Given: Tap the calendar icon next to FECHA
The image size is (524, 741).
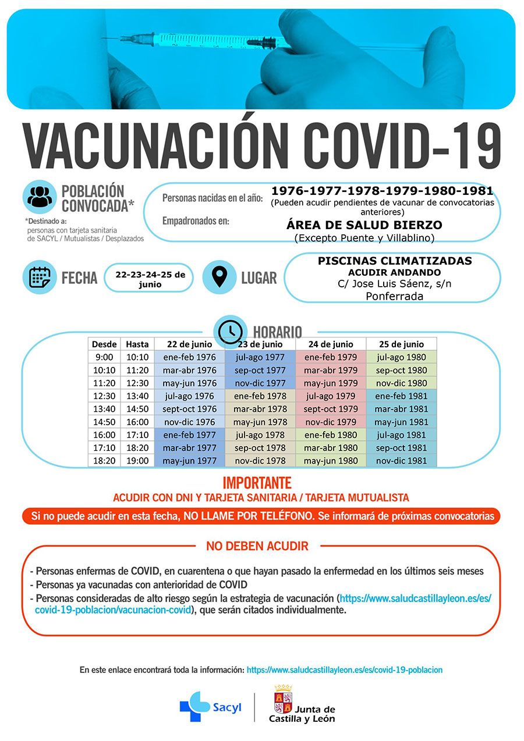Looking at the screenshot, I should coord(40,277).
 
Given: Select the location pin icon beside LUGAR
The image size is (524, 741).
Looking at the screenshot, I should coord(219,277).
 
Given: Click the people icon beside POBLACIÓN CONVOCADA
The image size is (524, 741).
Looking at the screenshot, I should coord(40,197).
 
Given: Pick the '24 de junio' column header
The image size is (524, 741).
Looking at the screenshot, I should coord(330,344).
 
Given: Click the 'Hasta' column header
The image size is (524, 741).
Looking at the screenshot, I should coord(137,344).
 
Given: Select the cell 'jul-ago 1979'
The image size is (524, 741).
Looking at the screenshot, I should coord(330,396).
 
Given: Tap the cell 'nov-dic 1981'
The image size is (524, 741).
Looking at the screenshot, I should coord(401,461).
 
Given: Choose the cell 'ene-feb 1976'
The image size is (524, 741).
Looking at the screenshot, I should coord(189,357).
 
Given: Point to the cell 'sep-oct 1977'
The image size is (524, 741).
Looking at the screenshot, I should coord(260,370).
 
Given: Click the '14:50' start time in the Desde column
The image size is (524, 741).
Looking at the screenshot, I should coord(104,422).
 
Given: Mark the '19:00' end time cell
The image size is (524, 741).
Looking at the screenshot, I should coord(137,461).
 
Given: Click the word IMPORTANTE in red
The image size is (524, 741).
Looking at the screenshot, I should coord(257,483).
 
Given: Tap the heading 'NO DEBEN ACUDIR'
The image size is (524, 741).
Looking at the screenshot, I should coord(257,546).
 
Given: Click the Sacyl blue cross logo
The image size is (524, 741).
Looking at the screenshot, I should coord(194,706).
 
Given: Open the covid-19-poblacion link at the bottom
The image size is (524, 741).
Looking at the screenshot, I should coord(344,670).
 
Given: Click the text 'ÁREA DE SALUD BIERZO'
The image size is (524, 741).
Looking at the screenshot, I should coord(364,225).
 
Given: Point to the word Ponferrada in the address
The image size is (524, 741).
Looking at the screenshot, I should coord(394,296).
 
